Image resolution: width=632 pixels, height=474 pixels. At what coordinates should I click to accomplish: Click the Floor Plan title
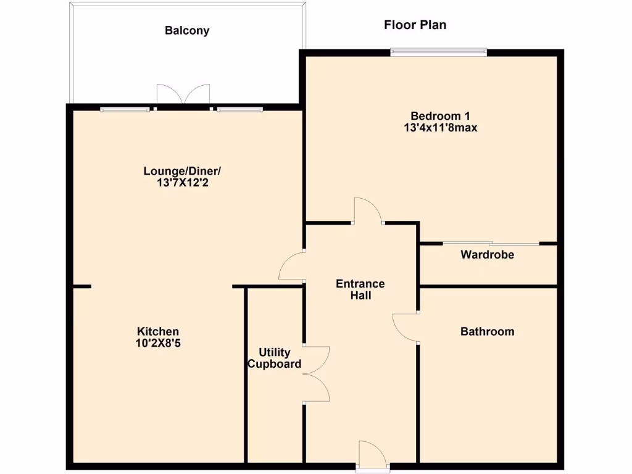click(x=415, y=25)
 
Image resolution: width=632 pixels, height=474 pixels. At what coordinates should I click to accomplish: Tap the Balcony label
click(x=186, y=30)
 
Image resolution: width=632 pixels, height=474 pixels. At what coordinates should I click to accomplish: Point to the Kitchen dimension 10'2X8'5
click(x=158, y=343)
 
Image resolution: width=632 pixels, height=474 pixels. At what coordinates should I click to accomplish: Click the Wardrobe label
click(x=487, y=254)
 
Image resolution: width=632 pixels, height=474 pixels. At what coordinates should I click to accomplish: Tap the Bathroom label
click(x=487, y=331)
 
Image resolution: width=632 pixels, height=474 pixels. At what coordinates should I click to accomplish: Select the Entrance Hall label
click(x=360, y=289)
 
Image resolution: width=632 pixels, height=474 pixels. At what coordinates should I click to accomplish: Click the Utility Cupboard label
click(x=275, y=358)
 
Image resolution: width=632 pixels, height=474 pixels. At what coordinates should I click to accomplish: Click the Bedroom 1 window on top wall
click(x=439, y=52)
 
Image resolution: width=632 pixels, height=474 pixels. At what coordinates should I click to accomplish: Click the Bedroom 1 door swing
click(x=368, y=211)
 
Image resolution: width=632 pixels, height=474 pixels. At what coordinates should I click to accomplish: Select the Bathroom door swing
click(x=405, y=328)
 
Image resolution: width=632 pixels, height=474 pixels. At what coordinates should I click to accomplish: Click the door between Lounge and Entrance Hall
click(x=291, y=268)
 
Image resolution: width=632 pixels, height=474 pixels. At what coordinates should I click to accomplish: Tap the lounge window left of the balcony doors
click(x=125, y=110)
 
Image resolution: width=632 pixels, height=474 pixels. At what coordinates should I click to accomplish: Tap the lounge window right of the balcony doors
click(x=239, y=110)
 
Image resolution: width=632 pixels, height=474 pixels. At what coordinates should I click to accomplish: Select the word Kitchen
click(x=158, y=331)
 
